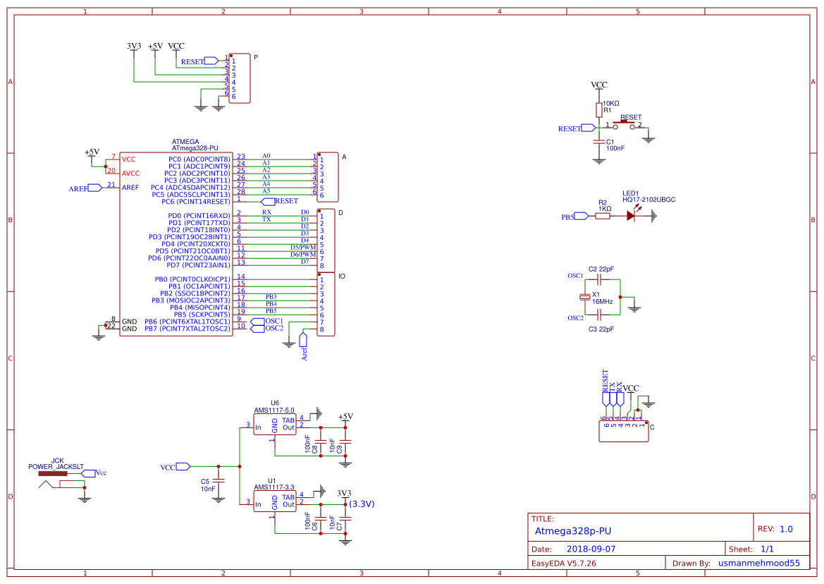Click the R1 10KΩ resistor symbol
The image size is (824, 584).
point(598,110)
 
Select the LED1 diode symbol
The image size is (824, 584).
point(630,217)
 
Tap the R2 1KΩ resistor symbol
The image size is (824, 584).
point(603,217)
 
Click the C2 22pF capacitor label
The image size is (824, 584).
point(601,269)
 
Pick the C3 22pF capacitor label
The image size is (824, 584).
point(601,329)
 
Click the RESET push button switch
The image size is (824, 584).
point(625,126)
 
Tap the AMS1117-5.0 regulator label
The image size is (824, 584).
point(274,409)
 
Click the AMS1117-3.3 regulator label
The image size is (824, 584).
point(274,487)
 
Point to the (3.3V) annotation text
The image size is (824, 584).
point(362,504)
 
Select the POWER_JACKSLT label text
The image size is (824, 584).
point(56,467)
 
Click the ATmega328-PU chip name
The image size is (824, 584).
point(195,149)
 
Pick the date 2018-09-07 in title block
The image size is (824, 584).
point(591,549)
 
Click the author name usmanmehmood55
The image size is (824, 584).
point(758,563)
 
